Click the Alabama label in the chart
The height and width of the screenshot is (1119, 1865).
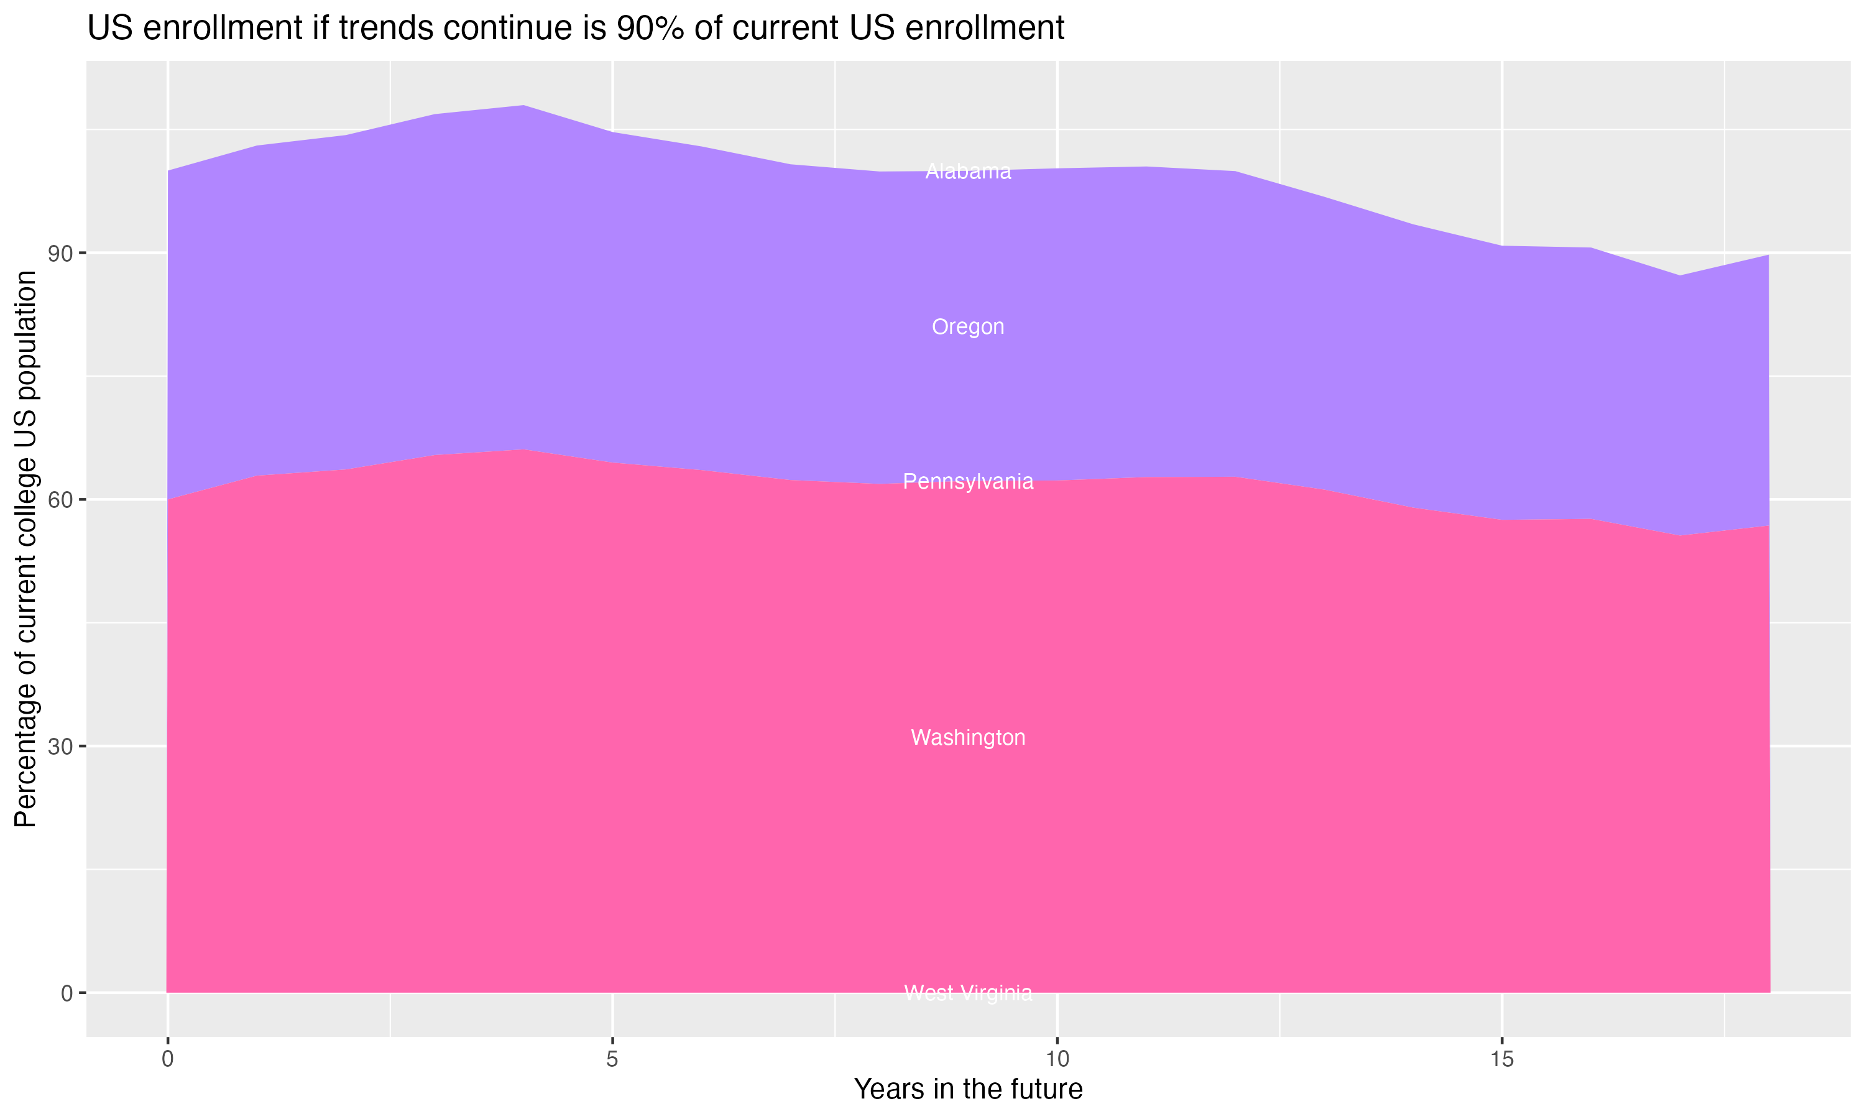click(x=968, y=172)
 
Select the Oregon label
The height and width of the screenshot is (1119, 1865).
click(x=968, y=326)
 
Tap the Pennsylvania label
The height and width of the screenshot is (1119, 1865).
click(x=968, y=481)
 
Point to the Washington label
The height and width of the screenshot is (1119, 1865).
click(x=968, y=737)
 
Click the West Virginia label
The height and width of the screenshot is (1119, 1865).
click(x=968, y=993)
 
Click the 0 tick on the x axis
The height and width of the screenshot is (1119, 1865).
click(x=167, y=1059)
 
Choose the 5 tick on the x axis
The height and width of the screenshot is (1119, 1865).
click(x=612, y=1059)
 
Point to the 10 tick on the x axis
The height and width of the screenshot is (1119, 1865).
click(x=1057, y=1059)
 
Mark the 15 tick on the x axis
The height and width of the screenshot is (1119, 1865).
click(x=1502, y=1059)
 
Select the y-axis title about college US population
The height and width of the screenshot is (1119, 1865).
click(x=25, y=548)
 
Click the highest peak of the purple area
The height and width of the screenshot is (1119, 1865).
click(x=523, y=106)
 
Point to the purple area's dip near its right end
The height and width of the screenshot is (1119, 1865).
click(x=1680, y=275)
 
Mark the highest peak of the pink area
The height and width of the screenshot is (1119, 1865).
click(x=523, y=450)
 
